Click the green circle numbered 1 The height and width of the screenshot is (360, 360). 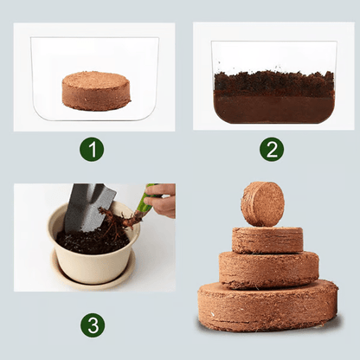[x=92, y=149]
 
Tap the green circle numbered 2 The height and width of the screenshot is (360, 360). [x=271, y=149]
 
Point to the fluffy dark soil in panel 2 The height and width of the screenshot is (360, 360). [x=273, y=84]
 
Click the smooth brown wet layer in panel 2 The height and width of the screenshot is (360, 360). [x=273, y=107]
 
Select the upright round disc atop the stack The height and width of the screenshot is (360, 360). [x=263, y=203]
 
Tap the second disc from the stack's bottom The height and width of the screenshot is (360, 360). [x=268, y=270]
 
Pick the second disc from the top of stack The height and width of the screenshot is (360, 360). [x=267, y=240]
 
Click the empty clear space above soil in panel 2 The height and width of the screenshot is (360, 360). [x=273, y=56]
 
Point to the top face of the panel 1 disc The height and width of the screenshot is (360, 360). [x=95, y=80]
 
